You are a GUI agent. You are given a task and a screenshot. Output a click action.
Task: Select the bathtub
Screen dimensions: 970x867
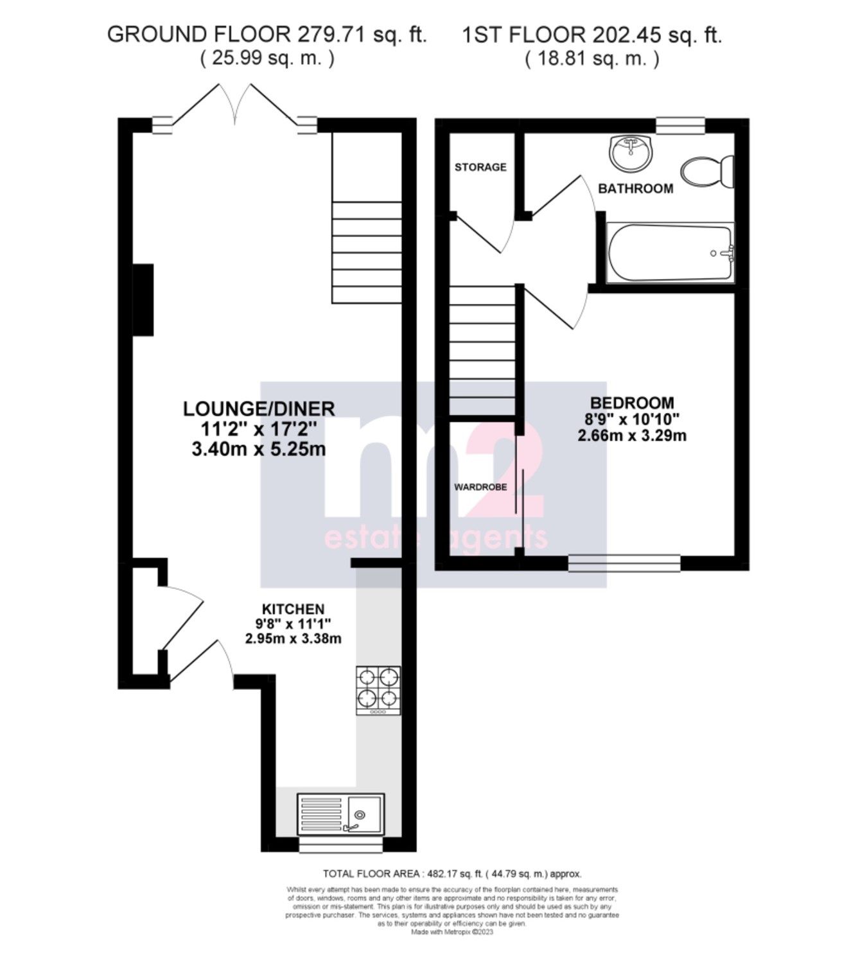(x=669, y=252)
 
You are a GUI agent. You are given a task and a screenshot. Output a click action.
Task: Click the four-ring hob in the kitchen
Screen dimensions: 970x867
(x=378, y=691)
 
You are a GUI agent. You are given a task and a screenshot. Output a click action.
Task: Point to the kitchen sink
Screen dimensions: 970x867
(x=340, y=813)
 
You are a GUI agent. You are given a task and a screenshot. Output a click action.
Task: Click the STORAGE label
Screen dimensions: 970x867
(x=480, y=167)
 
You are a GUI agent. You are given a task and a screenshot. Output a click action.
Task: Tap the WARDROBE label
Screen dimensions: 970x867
(x=480, y=487)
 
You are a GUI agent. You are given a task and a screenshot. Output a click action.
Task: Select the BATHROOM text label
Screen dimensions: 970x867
(x=635, y=188)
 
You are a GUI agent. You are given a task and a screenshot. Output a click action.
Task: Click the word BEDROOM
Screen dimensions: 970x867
(x=632, y=403)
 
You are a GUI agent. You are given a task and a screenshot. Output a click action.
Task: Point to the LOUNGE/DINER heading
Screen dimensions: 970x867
(x=259, y=409)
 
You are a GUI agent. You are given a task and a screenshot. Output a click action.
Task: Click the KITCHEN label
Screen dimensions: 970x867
(x=293, y=609)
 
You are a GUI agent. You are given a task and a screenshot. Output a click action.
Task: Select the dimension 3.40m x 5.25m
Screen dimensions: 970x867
(x=259, y=449)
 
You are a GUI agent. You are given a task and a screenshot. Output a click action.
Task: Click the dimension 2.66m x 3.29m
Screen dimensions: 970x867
(x=632, y=436)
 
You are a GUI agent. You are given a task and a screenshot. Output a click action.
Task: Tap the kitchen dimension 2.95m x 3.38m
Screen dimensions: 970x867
(x=293, y=639)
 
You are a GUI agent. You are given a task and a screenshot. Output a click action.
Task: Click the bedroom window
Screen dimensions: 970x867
(x=624, y=563)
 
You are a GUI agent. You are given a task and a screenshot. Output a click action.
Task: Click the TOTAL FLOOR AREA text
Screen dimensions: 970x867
(x=452, y=874)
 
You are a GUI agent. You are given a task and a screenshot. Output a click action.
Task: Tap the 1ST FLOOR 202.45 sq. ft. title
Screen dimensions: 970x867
(x=591, y=35)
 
